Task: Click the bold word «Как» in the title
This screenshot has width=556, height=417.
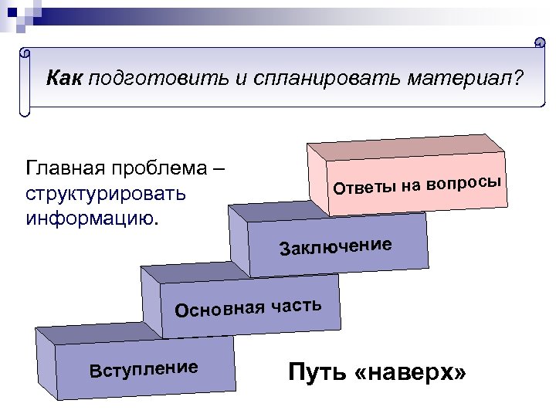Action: pos(64,78)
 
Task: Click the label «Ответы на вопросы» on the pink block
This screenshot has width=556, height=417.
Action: pos(418,185)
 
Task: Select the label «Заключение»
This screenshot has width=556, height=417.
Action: pos(336,246)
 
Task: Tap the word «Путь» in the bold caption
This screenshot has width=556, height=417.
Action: pos(316,374)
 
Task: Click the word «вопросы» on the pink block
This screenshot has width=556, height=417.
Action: pos(464,181)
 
